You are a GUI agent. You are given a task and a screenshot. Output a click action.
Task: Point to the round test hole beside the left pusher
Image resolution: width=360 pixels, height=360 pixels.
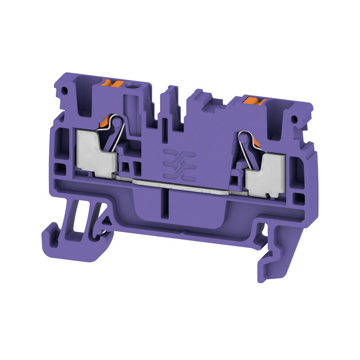[133, 85]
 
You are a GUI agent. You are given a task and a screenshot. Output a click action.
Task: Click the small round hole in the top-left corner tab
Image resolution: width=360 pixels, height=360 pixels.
[64, 90]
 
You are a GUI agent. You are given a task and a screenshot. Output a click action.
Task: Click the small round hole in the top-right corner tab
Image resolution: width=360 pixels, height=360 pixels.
[295, 120]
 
